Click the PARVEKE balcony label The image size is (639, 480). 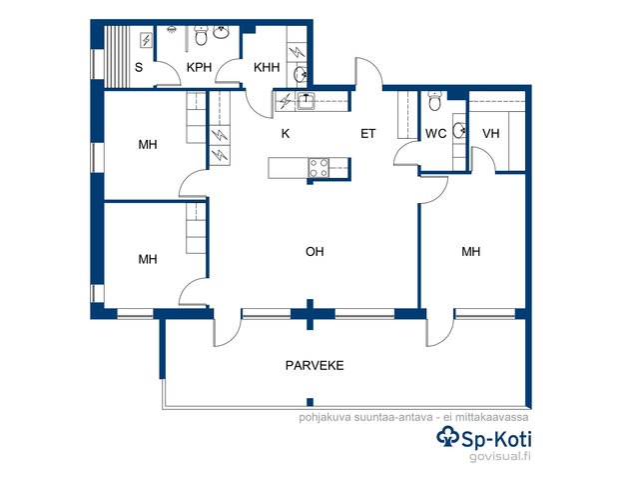point(315,365)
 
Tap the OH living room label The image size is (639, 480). point(315,251)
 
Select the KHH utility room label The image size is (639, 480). point(267,67)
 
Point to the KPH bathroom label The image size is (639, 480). point(199,67)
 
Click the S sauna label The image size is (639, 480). point(139,67)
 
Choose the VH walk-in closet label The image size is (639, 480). point(490,133)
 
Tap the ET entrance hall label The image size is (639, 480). point(367,133)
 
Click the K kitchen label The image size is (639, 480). point(286,133)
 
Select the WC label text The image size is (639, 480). point(435,133)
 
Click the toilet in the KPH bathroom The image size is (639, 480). point(201,35)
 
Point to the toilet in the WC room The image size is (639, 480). point(435,101)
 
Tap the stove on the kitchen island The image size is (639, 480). point(319,168)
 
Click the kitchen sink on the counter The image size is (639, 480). point(306,101)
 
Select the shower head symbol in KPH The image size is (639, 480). point(172,29)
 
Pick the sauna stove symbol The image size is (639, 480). point(146,40)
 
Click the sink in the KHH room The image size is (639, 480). point(301,74)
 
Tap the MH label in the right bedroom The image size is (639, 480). point(470,251)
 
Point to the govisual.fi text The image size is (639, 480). point(500,456)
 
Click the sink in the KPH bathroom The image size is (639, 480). point(221,33)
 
